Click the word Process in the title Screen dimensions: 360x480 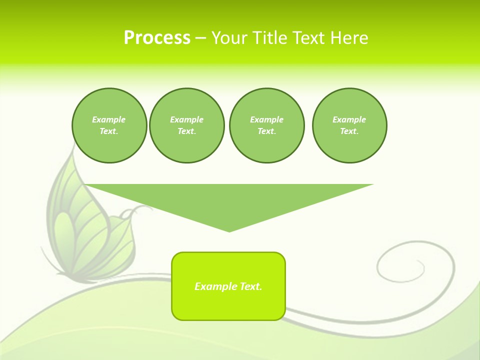157,38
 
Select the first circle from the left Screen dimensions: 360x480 109,125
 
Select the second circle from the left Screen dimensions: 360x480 186,125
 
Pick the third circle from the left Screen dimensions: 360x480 266,125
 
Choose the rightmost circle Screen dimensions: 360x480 349,125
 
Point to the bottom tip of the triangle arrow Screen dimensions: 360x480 229,230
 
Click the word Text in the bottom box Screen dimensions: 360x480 251,286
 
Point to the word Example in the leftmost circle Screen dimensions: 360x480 109,119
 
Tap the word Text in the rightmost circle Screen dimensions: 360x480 349,131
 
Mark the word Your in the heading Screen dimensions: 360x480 229,38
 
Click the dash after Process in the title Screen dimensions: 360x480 200,38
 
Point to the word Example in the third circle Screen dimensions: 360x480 266,119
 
